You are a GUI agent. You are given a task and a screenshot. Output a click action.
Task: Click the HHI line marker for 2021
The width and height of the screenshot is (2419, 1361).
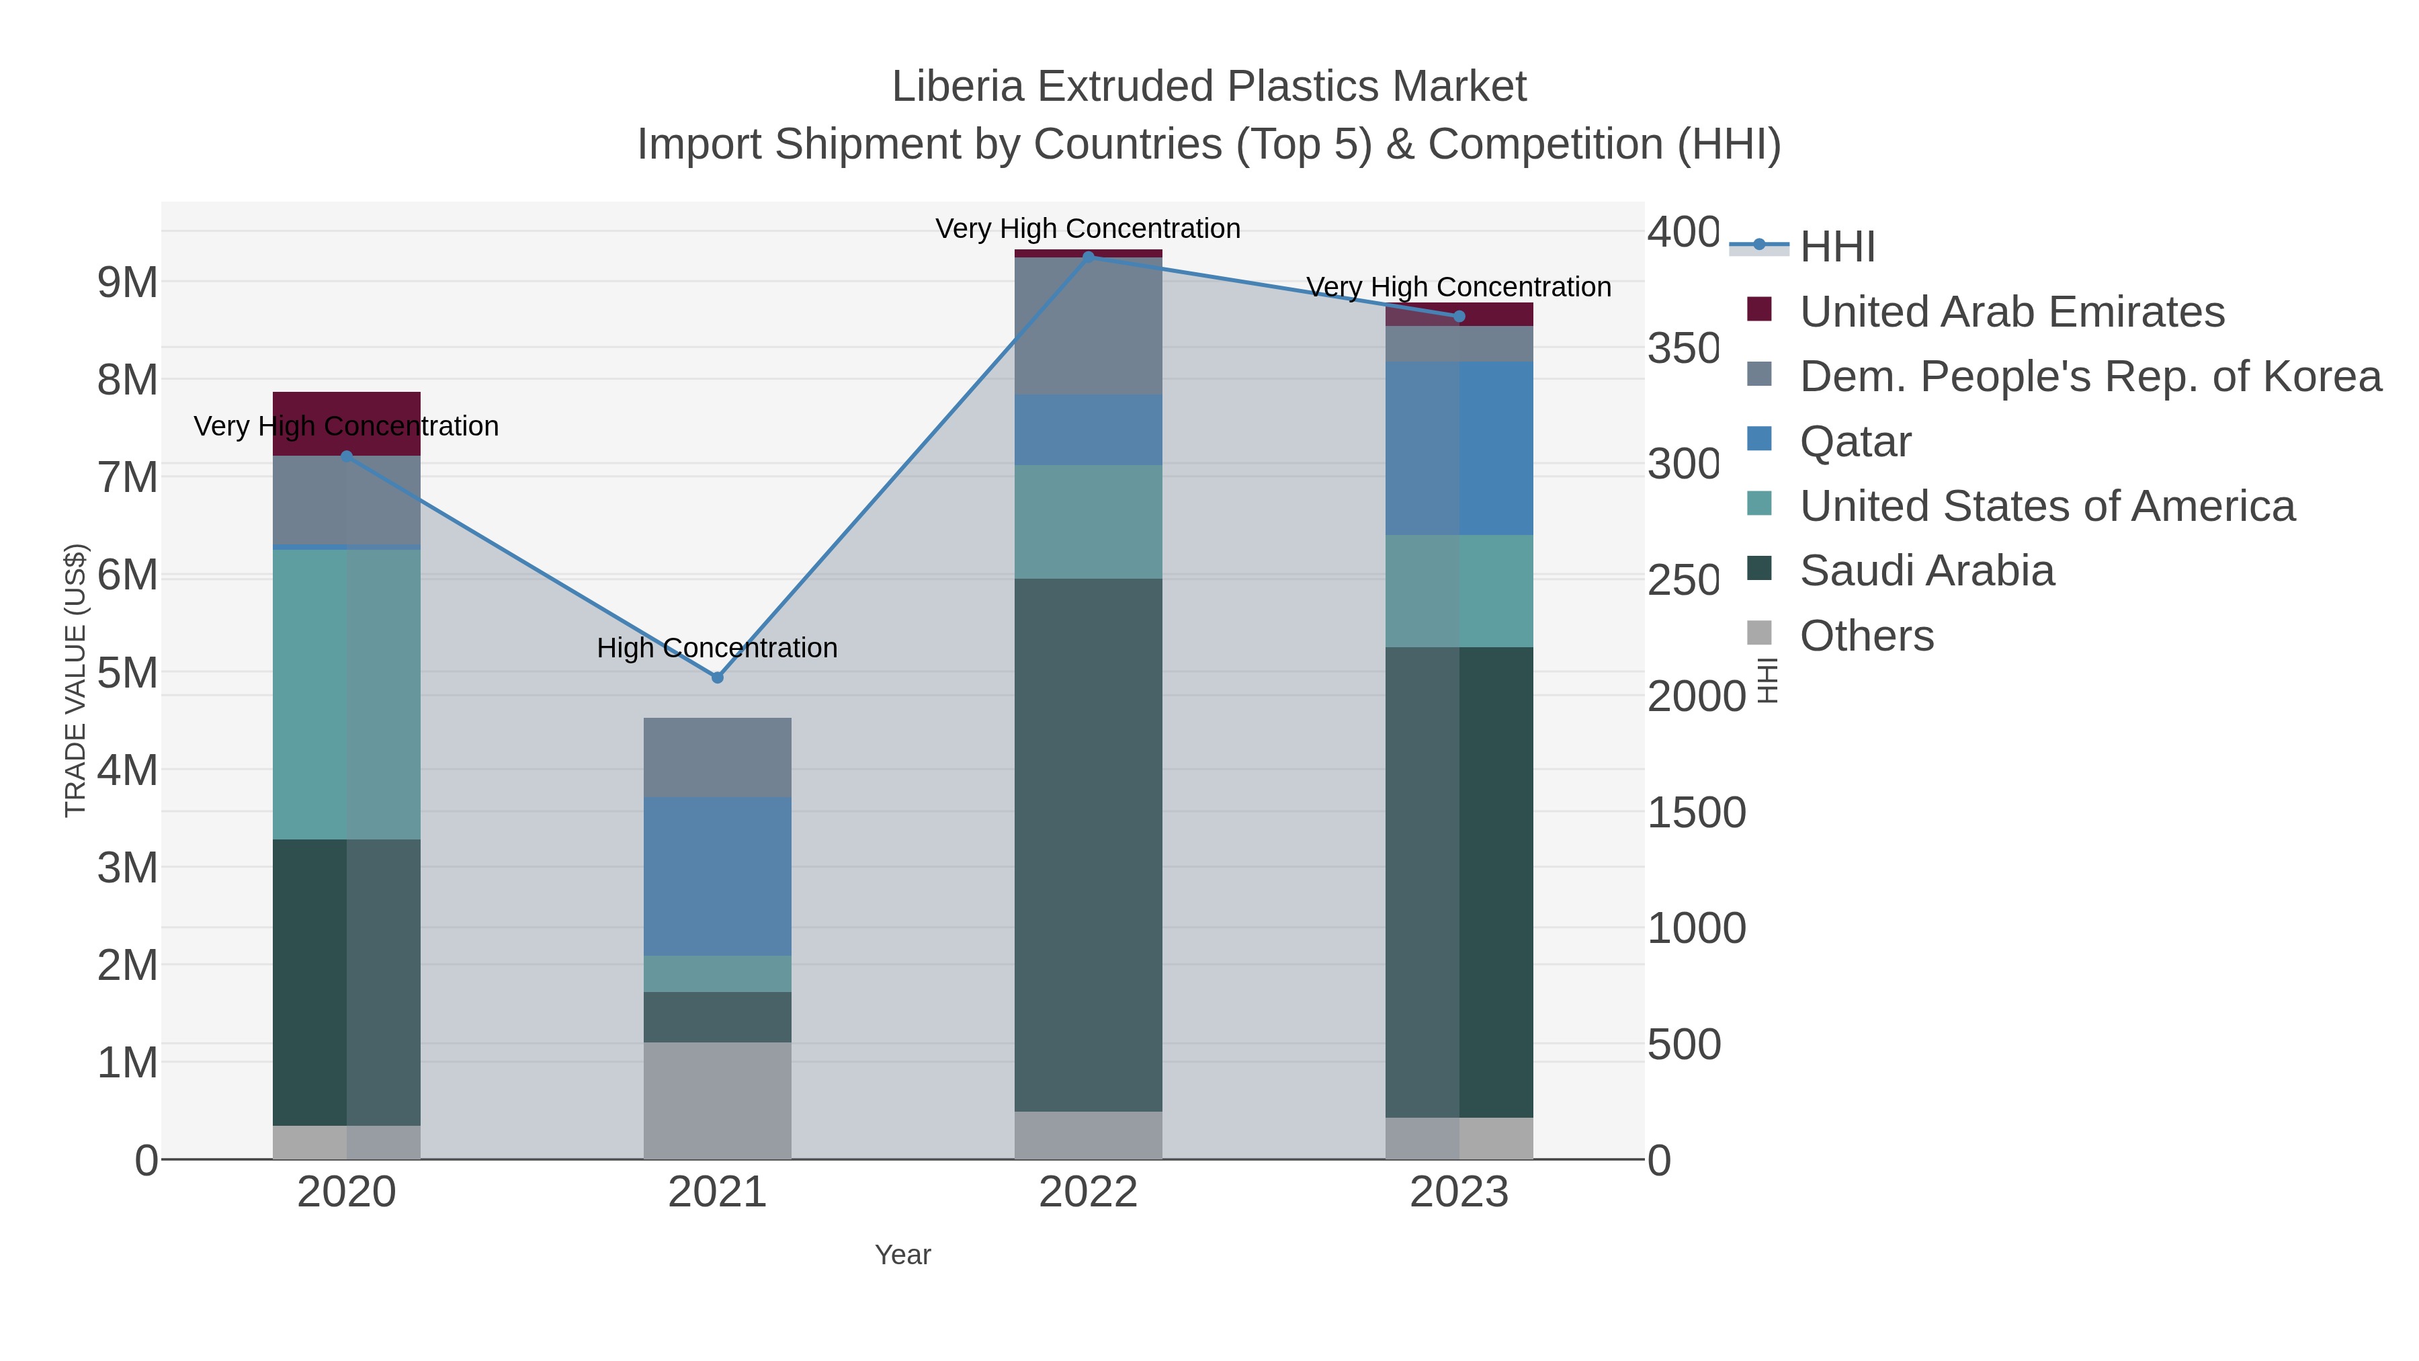point(718,677)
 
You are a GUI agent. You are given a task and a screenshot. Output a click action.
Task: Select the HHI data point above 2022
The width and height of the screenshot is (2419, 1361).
point(1089,257)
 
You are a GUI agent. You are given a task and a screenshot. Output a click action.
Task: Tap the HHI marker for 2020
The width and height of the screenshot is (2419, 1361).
point(347,456)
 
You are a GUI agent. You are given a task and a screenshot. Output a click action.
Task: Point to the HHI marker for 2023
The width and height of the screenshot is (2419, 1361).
point(1458,317)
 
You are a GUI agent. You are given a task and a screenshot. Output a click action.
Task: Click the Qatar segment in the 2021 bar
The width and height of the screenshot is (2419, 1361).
point(718,876)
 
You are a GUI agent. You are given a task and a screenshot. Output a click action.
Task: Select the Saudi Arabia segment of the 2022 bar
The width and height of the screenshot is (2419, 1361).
point(1089,846)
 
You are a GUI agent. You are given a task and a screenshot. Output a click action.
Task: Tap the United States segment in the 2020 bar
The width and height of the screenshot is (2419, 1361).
point(347,695)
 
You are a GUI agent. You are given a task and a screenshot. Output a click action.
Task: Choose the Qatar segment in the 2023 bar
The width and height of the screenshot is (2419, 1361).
point(1458,448)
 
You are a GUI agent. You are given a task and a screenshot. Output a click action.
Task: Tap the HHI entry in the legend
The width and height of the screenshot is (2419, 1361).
point(1837,247)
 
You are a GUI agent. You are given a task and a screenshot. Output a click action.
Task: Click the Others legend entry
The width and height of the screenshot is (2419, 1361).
point(1867,636)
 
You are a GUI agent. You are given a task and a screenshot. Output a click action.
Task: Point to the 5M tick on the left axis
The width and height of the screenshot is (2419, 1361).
point(128,673)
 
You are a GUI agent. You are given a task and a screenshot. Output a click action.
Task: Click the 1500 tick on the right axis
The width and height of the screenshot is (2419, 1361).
point(1696,813)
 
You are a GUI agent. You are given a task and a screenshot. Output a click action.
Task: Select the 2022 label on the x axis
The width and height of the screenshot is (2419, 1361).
point(1089,1193)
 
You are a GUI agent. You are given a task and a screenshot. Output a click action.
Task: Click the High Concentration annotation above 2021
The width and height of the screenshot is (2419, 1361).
point(718,648)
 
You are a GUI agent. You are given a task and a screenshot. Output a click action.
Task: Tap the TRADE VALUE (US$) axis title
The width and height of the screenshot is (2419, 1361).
point(75,680)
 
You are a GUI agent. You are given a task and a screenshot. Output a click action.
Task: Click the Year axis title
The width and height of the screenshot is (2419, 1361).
point(902,1255)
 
